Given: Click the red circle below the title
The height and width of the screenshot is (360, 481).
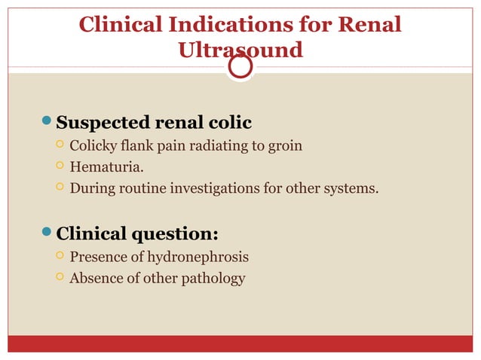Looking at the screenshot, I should coord(240,67).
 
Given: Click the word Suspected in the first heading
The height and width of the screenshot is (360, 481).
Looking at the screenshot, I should coord(103,122).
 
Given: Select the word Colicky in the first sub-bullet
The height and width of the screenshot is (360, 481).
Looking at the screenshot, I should coord(94,145).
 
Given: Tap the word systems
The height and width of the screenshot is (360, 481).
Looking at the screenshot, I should coord(352,187).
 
